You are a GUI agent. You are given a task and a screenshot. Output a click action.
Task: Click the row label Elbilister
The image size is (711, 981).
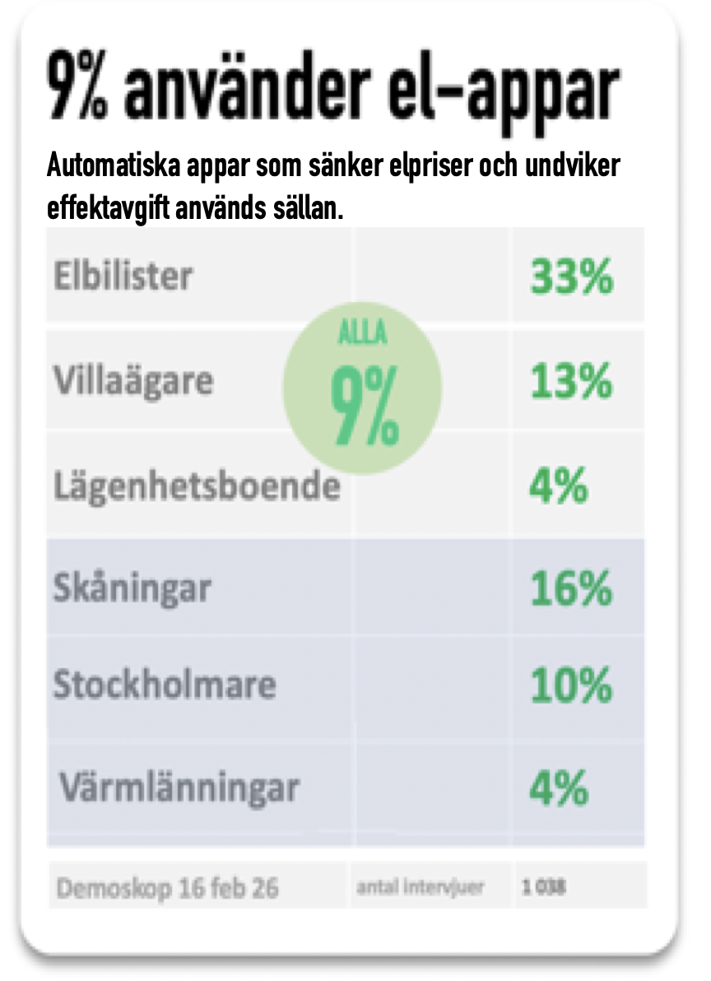point(123,276)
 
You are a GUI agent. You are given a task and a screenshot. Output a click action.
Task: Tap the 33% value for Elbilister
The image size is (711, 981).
point(571,277)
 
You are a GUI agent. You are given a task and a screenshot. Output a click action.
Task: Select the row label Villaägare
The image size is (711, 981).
point(133,382)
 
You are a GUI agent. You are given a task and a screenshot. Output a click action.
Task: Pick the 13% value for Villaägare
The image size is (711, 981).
point(571,382)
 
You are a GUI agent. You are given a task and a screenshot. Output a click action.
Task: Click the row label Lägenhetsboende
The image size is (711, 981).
point(197,486)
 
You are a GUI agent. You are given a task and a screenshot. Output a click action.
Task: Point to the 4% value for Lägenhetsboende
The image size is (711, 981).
point(558,486)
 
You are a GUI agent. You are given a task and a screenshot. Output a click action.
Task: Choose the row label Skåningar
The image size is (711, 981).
point(132,589)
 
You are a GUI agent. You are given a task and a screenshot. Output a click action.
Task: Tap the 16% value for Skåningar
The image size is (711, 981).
point(571,589)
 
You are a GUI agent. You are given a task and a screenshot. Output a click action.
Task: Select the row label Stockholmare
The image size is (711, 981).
point(165,685)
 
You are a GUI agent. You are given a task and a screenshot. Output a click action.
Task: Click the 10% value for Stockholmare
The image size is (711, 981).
point(571,686)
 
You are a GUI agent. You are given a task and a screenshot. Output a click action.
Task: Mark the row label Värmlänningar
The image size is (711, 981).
point(179,789)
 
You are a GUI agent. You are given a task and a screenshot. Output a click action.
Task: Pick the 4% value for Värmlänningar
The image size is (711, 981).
point(558,789)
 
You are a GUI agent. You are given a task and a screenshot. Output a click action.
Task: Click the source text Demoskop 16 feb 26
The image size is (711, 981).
point(167,888)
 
